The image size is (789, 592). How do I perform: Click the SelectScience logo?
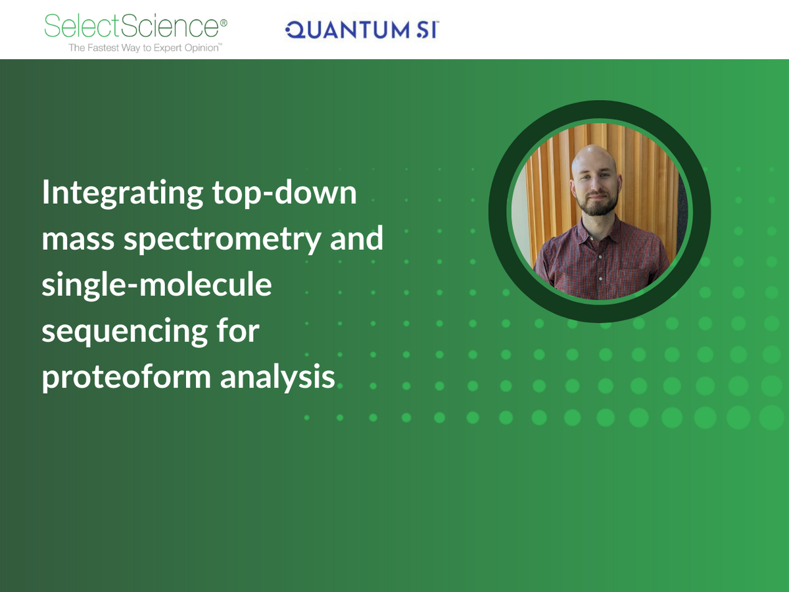coord(131,26)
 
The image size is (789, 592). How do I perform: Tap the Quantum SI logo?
coord(362,29)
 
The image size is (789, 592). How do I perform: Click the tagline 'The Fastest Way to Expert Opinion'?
coord(144,48)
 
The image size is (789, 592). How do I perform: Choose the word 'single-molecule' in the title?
coord(156,285)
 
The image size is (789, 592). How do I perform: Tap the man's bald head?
coord(594,158)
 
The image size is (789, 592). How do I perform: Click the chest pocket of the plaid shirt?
coord(633,276)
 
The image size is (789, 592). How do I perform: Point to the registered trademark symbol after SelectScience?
coord(224,22)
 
